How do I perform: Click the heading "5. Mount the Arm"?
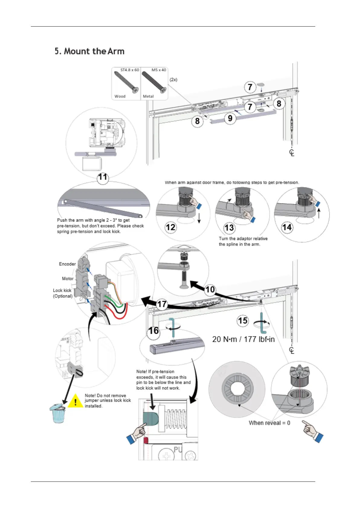point(89,51)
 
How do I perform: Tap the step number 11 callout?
point(103,177)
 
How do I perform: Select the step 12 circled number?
point(170,227)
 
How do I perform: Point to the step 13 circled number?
point(229,228)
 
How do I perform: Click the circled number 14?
point(287,227)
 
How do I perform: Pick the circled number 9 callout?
point(230,118)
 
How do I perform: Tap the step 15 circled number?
point(243,320)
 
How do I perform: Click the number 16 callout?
point(154,331)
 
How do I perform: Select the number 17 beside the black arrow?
point(162,304)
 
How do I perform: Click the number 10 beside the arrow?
point(210,290)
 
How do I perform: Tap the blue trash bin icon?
point(57,413)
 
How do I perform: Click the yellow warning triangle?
point(75,401)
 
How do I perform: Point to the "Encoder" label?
point(67,264)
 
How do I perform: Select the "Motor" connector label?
point(68,279)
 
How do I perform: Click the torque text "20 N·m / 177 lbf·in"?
point(243,339)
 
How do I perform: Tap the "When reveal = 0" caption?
point(269,423)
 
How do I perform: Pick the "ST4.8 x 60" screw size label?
point(130,70)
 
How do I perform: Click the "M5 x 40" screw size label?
point(159,70)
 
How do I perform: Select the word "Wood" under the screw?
point(120,96)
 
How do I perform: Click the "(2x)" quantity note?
point(174,79)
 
